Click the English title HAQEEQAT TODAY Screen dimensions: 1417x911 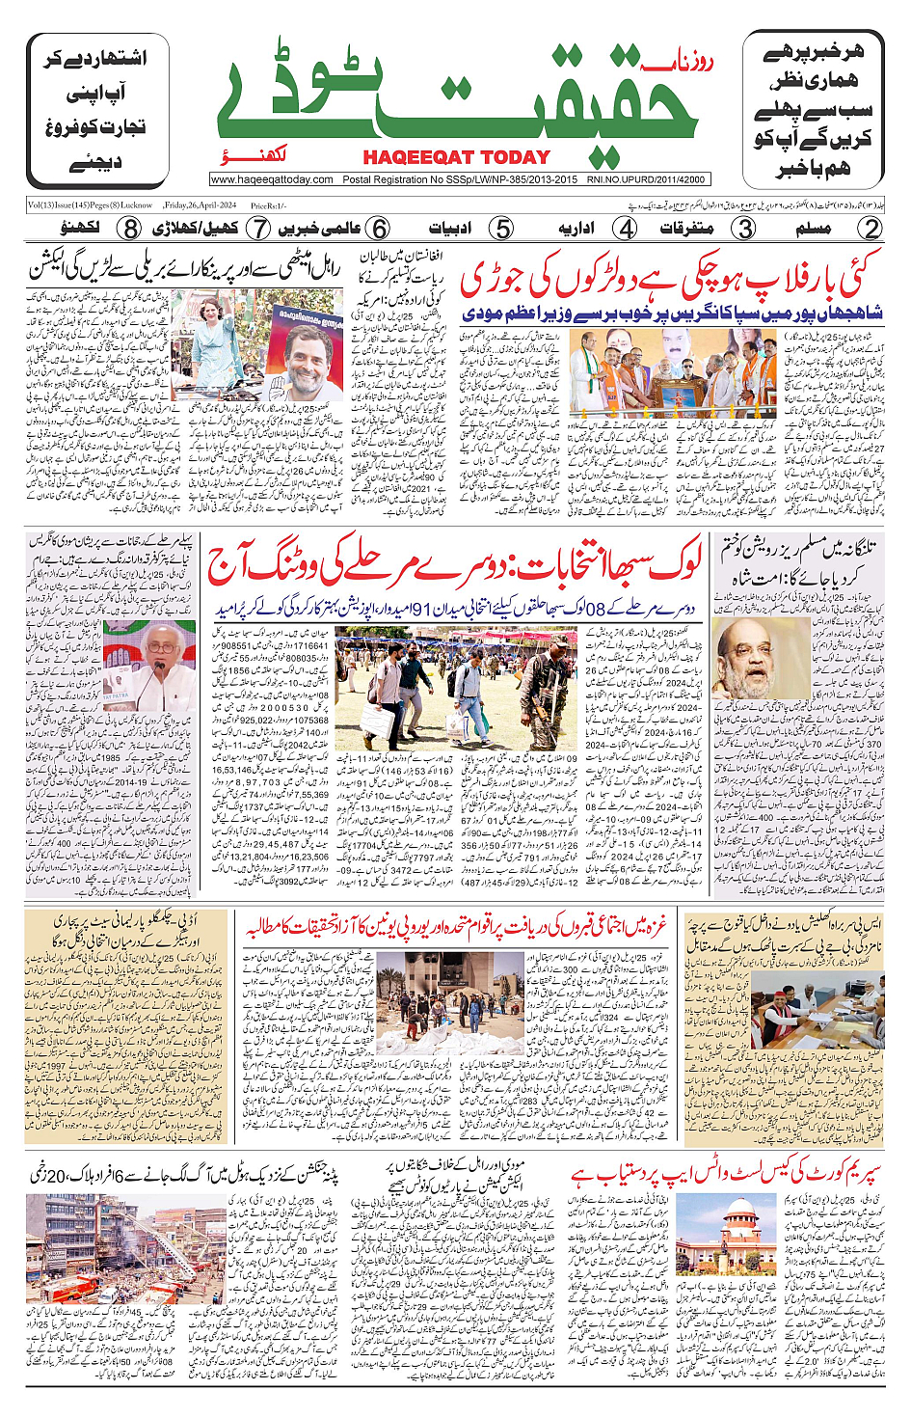click(x=456, y=157)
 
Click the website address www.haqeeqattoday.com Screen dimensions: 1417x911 click(x=272, y=179)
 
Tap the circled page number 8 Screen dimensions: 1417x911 click(x=130, y=229)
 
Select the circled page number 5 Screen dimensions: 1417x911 click(x=501, y=229)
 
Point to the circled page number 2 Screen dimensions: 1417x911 click(x=871, y=229)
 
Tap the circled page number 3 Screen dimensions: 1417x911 click(x=744, y=229)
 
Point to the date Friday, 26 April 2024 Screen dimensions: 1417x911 click(x=200, y=205)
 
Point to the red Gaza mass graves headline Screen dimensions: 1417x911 click(x=455, y=928)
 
